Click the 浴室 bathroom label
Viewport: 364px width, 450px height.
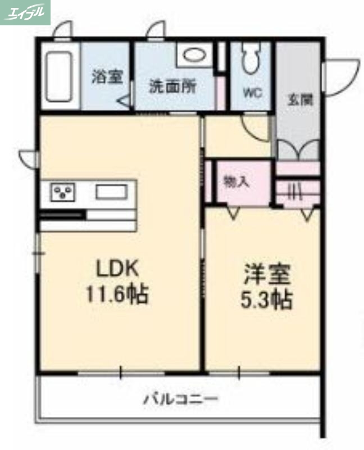coord(107,77)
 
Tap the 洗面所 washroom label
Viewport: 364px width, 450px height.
coord(172,87)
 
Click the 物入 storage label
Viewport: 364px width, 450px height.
coord(236,181)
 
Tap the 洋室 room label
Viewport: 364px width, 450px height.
coord(266,276)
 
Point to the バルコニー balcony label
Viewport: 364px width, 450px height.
coord(180,400)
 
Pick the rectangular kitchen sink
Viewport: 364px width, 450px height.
coord(111,192)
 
